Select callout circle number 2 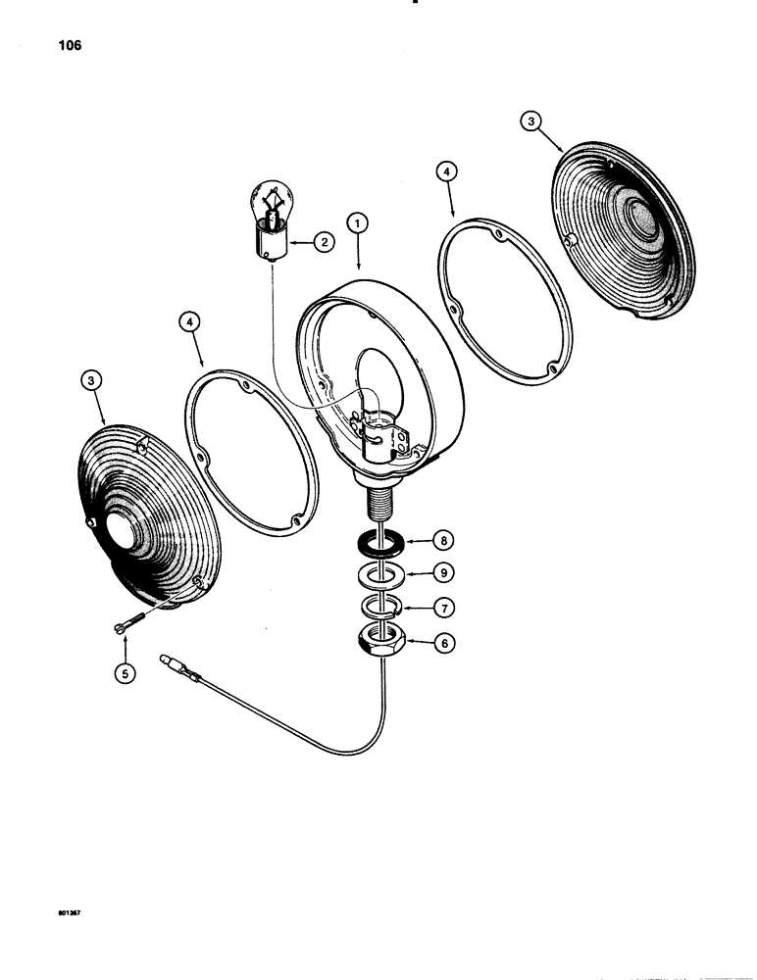[x=322, y=241]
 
